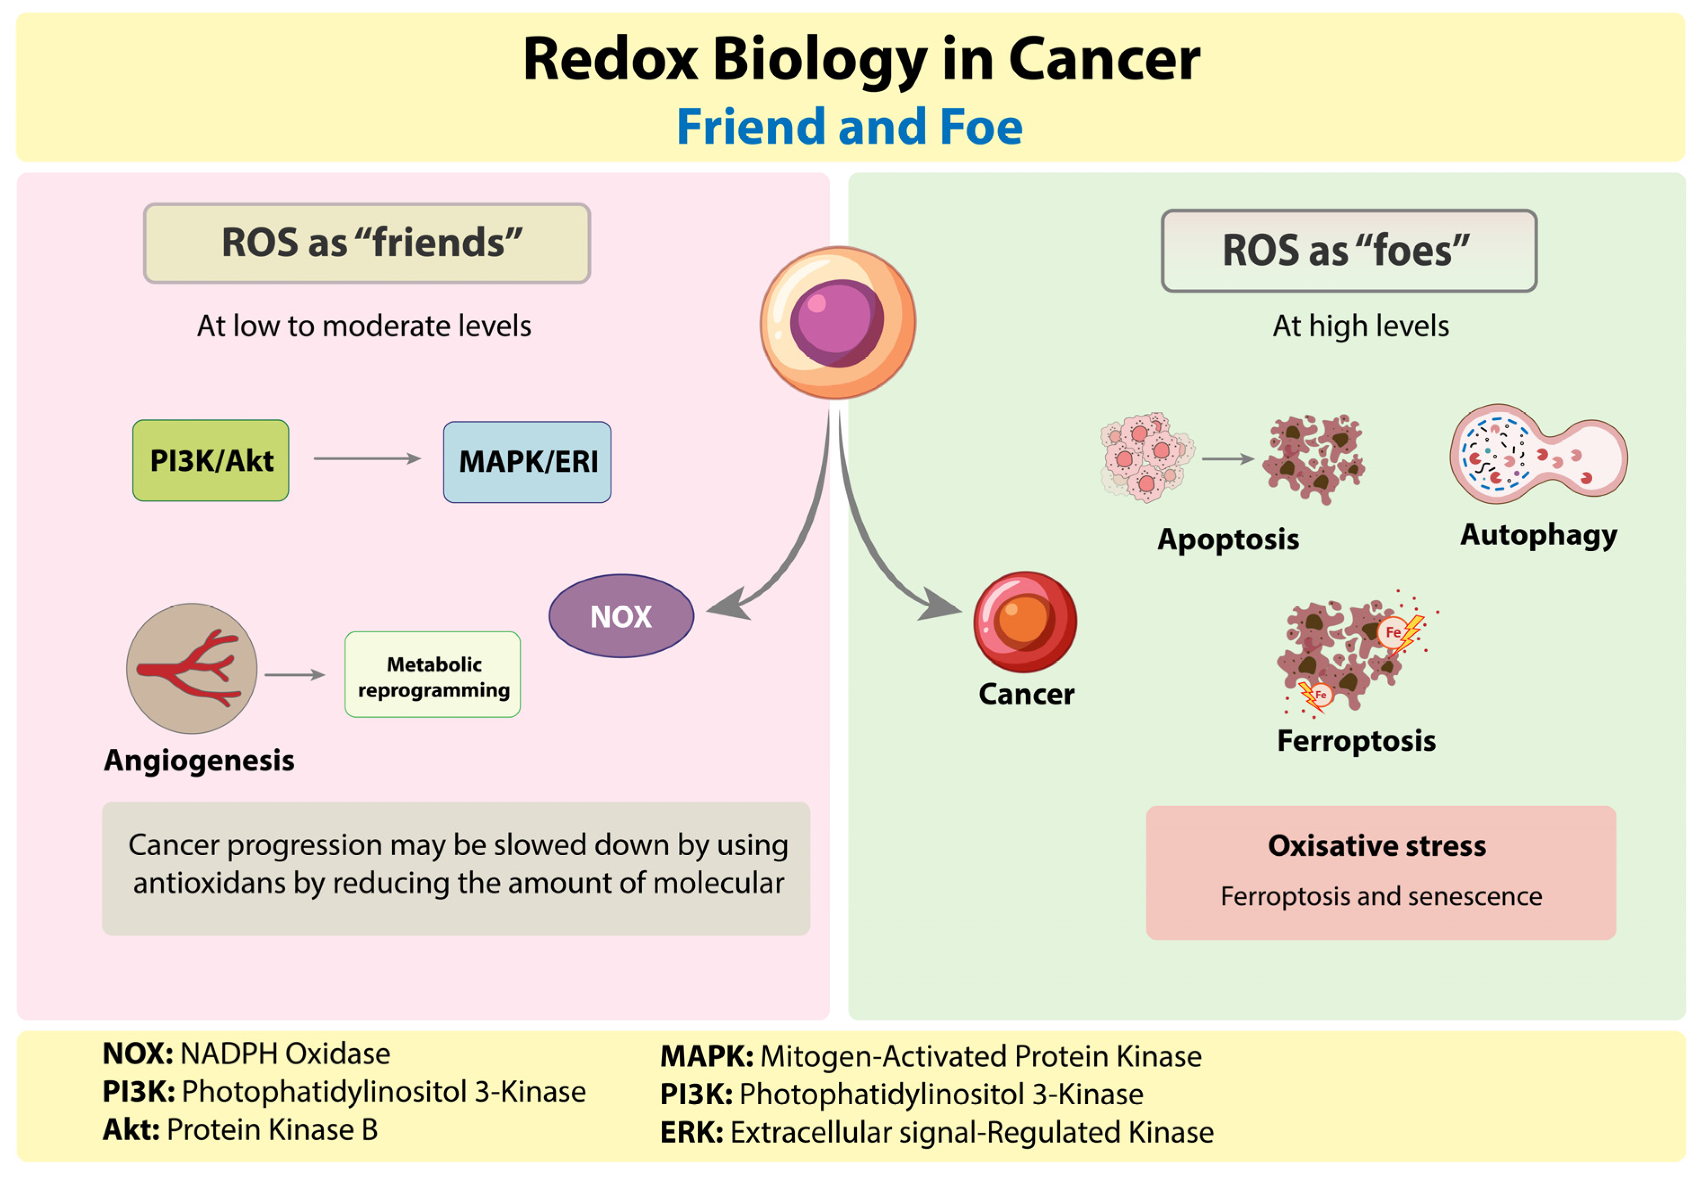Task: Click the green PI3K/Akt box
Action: (x=210, y=460)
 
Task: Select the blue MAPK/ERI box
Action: (x=527, y=461)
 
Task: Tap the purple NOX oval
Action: (x=621, y=616)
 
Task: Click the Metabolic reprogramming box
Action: (x=433, y=674)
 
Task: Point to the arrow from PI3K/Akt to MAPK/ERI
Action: (x=367, y=459)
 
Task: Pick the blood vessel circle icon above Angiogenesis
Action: (x=192, y=668)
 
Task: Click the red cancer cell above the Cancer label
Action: (x=1025, y=621)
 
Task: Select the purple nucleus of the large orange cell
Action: (x=837, y=323)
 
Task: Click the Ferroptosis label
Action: (x=1356, y=740)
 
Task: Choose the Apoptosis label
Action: (x=1227, y=539)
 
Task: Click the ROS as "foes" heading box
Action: (x=1348, y=250)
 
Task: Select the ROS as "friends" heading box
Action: (x=367, y=243)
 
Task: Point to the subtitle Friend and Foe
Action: (x=849, y=127)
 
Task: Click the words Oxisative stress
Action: (x=1377, y=845)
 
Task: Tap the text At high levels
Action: (x=1360, y=326)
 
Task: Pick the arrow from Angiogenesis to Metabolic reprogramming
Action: (x=295, y=674)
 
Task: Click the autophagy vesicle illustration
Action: (x=1537, y=453)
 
